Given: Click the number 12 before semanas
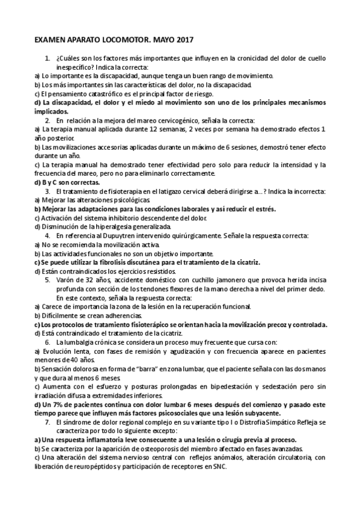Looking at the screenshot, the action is click(x=154, y=129).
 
